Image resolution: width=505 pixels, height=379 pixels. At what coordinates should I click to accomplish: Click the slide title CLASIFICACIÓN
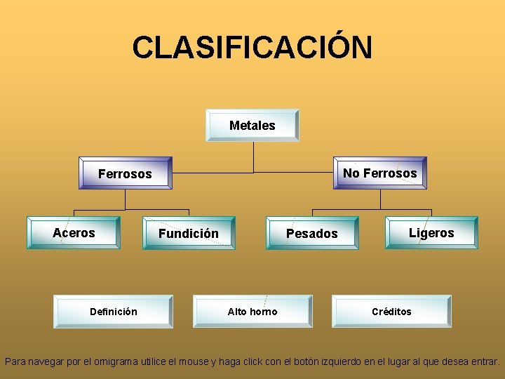[252, 48]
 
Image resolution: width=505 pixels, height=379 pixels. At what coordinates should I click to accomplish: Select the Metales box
[252, 126]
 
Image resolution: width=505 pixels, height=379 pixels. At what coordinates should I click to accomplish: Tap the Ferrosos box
[126, 173]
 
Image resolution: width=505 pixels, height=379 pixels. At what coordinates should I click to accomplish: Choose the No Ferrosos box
[379, 173]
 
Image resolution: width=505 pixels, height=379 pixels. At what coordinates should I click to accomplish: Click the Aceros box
[74, 233]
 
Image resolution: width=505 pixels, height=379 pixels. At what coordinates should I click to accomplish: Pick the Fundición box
[188, 234]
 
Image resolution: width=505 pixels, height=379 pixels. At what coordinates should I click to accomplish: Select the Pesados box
[311, 234]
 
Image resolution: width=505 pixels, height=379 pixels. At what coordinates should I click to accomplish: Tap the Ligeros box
[431, 233]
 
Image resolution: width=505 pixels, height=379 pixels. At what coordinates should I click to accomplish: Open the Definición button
[114, 312]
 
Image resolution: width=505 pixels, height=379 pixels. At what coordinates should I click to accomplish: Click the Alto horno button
[252, 312]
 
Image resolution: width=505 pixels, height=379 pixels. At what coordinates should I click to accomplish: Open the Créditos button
[391, 312]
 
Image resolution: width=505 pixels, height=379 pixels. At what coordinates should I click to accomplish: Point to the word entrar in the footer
[483, 362]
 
